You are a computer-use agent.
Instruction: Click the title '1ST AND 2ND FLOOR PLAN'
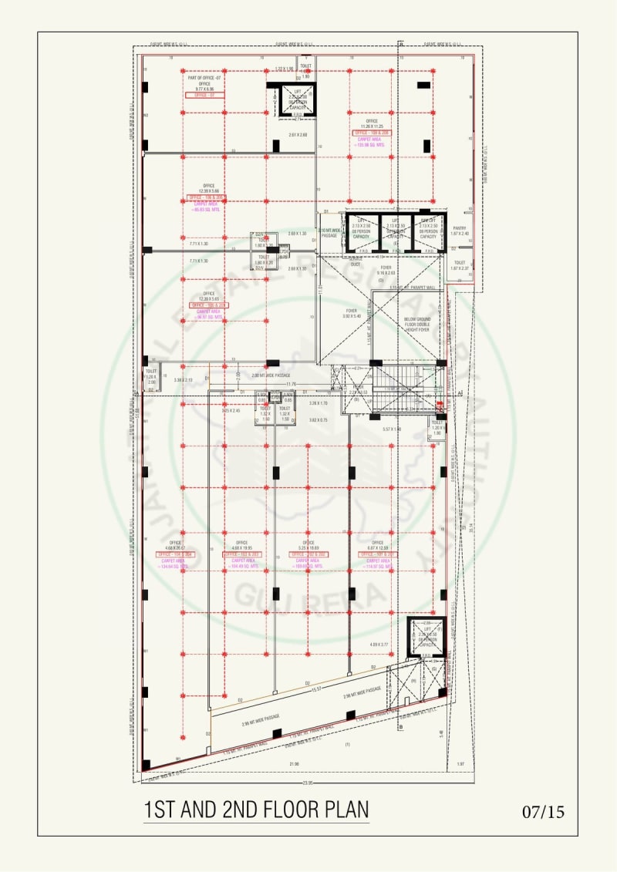point(256,810)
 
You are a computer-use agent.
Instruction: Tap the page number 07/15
point(543,812)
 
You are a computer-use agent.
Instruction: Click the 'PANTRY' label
point(460,228)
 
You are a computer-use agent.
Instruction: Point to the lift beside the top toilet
point(297,100)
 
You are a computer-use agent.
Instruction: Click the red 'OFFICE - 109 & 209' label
point(372,133)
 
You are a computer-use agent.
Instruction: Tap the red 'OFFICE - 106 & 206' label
point(207,197)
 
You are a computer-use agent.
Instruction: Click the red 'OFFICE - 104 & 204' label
point(176,554)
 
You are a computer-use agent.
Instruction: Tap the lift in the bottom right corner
point(426,636)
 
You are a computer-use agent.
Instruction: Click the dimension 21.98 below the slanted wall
point(294,763)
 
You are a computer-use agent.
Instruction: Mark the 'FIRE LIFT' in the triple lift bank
point(429,231)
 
